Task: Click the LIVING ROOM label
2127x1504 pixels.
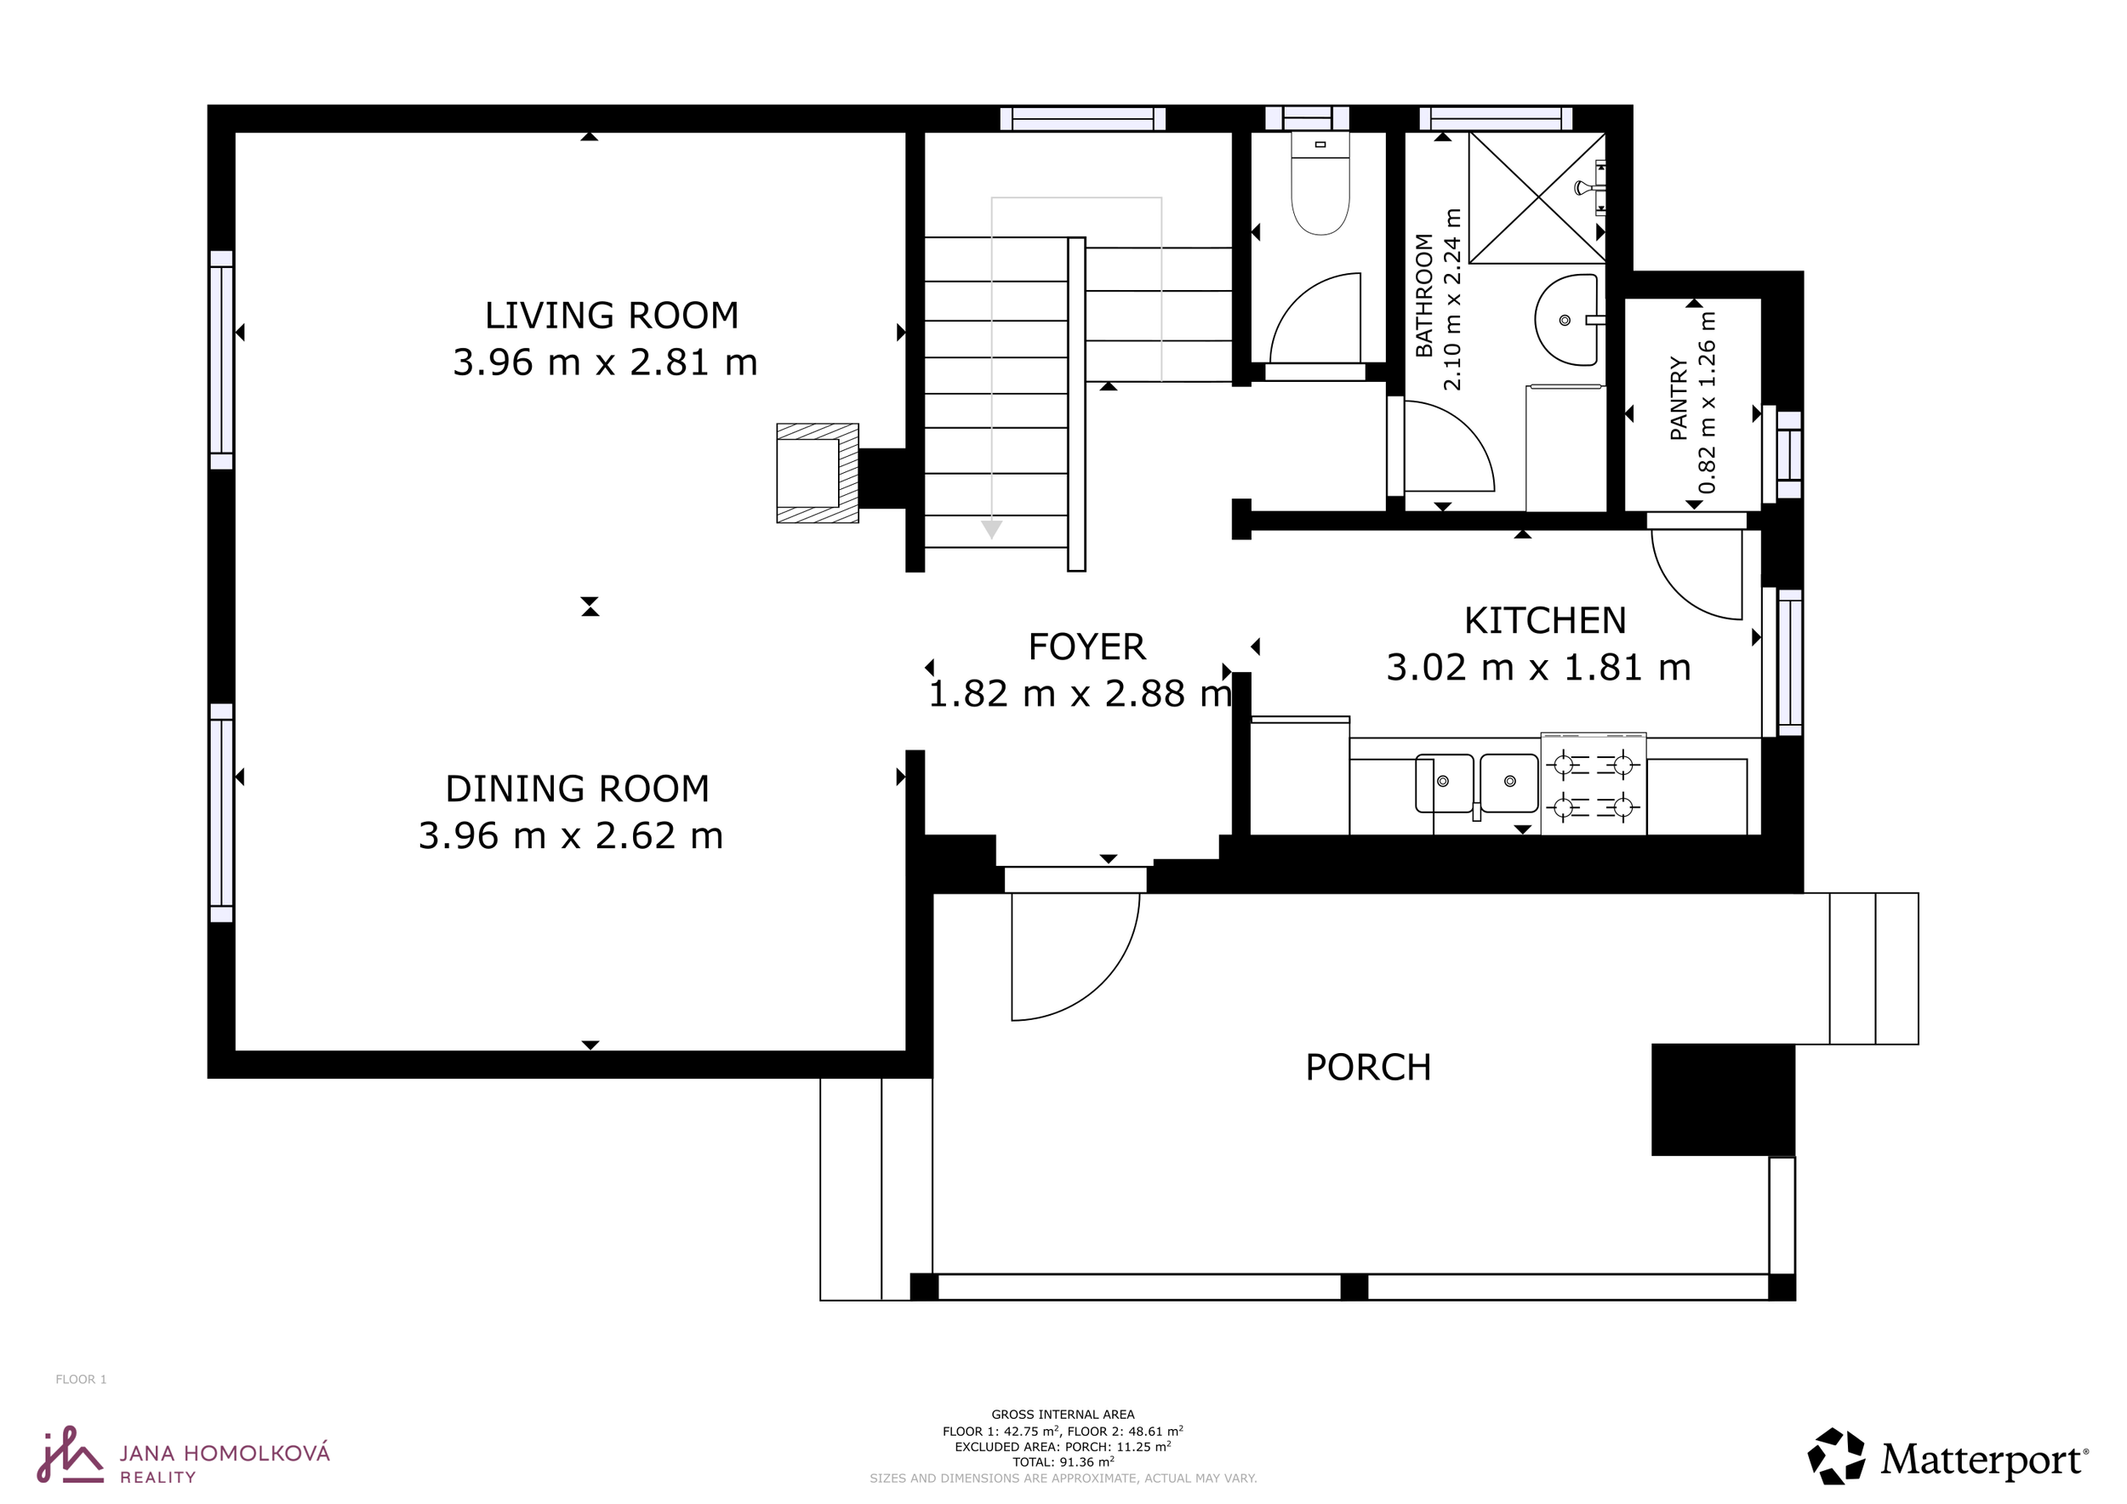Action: [612, 316]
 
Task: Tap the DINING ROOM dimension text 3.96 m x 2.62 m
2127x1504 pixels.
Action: [571, 836]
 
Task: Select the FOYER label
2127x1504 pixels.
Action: [1086, 647]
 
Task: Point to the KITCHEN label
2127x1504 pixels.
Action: [1544, 620]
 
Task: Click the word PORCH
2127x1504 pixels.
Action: [1368, 1068]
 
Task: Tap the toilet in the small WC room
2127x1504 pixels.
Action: [1320, 184]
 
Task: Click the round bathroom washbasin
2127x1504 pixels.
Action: [1566, 320]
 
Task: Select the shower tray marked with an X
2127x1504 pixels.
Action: [1537, 197]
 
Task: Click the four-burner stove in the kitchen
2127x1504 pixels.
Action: [1594, 784]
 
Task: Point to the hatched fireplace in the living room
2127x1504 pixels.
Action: [817, 473]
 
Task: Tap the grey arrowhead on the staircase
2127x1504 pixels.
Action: [991, 530]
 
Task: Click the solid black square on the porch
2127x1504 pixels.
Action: [1723, 1100]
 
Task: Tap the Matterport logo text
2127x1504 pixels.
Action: [1983, 1461]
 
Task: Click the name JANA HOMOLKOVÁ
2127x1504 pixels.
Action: [225, 1454]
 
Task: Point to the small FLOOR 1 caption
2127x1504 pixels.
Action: [82, 1380]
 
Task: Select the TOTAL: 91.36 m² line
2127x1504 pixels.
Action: [1063, 1462]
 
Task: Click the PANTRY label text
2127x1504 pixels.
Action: [1678, 397]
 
